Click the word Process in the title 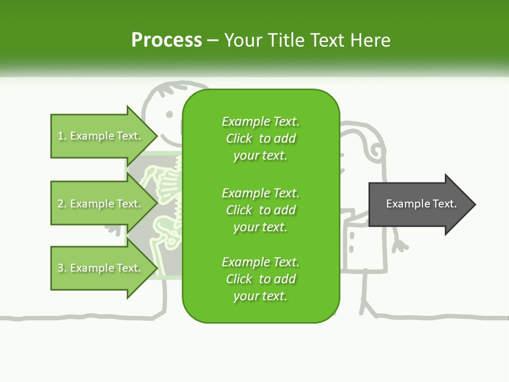tap(166, 40)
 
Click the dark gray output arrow tap(419, 204)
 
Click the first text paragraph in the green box tap(260, 138)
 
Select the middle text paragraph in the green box tap(260, 210)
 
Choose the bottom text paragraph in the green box tap(260, 279)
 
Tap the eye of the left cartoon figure tap(169, 114)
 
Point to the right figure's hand tap(401, 245)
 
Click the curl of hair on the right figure tap(375, 151)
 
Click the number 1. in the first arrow tap(62, 136)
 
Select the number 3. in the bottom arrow tap(62, 268)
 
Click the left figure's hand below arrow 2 tap(113, 229)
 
